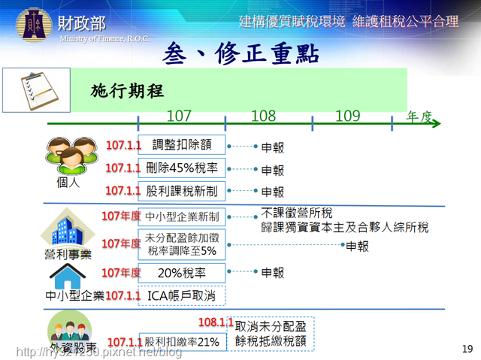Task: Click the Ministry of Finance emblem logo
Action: tap(34, 25)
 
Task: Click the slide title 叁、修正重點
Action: tap(240, 53)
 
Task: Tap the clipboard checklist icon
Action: tap(39, 91)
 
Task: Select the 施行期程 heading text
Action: tap(127, 91)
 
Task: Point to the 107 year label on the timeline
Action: tap(179, 116)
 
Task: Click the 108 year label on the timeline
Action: tap(264, 116)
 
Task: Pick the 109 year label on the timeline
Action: tap(347, 116)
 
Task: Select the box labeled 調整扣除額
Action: tap(182, 145)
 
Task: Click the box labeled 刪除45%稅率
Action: tap(182, 168)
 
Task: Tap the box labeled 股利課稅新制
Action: tap(182, 191)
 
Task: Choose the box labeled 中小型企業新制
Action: tap(182, 216)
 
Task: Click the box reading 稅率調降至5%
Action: tap(182, 244)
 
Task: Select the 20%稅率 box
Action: tap(182, 273)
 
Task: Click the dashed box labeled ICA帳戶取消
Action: tap(182, 295)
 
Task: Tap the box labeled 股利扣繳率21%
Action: tap(183, 342)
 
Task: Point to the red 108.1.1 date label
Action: tap(216, 322)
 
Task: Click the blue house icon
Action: tap(68, 277)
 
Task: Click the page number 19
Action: tap(467, 349)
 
